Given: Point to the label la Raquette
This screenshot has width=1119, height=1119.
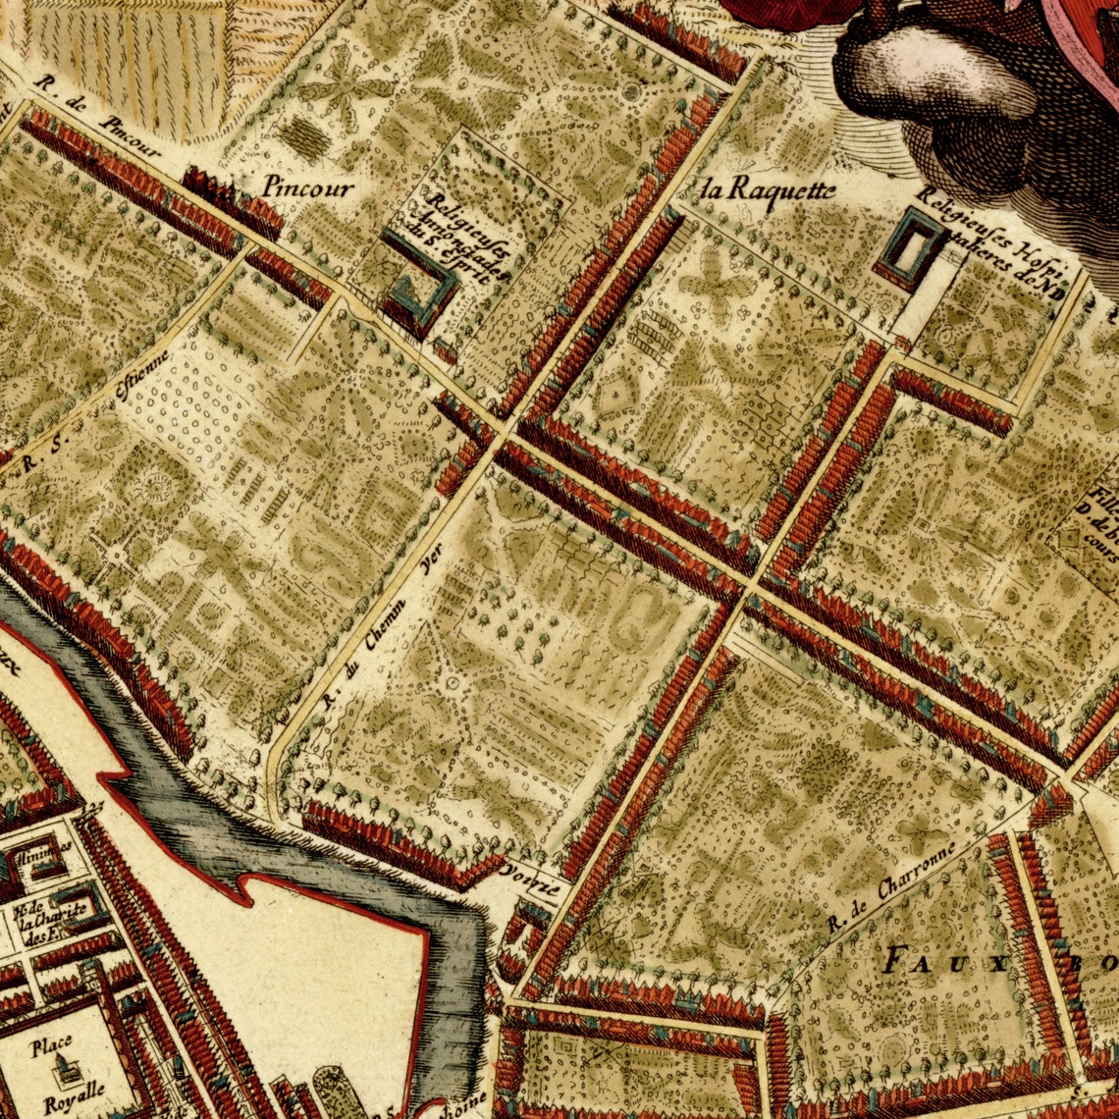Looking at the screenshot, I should tap(771, 188).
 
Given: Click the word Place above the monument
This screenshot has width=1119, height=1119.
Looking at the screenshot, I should tap(51, 1047).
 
